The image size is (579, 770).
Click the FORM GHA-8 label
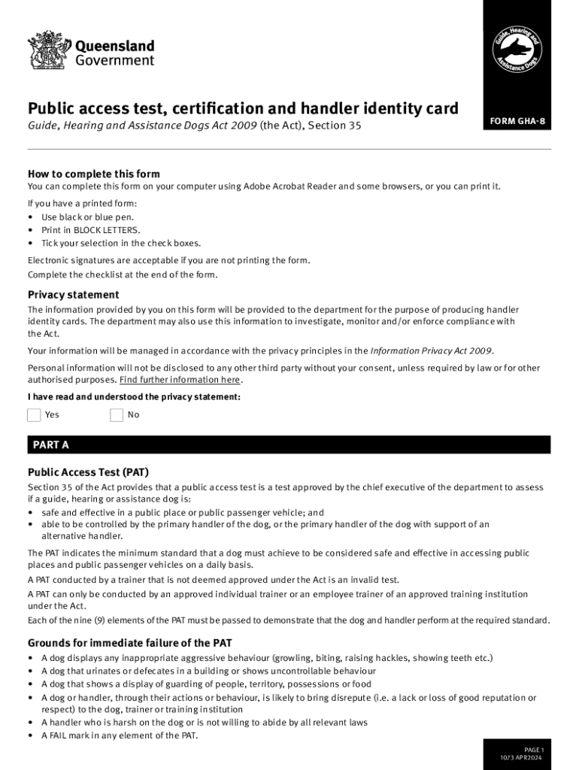[x=517, y=122]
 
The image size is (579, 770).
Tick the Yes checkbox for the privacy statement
[x=34, y=415]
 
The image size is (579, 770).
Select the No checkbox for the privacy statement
[x=117, y=415]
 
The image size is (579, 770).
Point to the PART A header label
[x=51, y=445]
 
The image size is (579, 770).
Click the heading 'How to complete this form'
[x=94, y=174]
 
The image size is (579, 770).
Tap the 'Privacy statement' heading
[x=73, y=295]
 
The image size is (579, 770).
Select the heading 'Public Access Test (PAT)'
[x=88, y=472]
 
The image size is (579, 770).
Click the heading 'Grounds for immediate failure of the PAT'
[x=129, y=643]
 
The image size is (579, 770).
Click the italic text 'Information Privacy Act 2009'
[x=432, y=350]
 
